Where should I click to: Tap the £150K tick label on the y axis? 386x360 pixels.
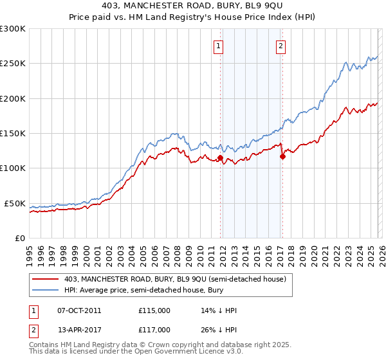(13, 134)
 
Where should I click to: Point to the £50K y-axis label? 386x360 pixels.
(15, 203)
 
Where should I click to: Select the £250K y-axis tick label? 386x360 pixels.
(13, 64)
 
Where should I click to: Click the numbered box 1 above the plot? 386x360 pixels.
(219, 46)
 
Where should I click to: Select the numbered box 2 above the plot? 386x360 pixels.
(282, 46)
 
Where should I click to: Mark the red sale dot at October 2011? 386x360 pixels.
(220, 157)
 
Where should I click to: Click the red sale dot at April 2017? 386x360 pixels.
(282, 156)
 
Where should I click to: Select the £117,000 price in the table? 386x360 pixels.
(154, 330)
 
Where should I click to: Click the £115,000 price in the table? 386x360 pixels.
(154, 310)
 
